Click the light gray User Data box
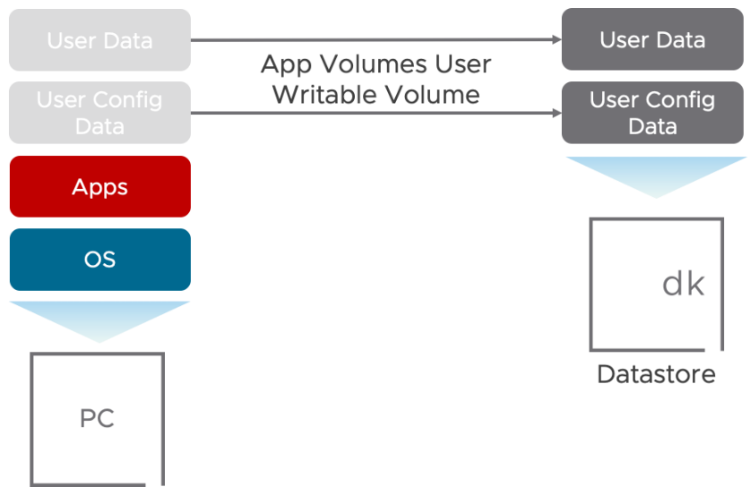point(99,40)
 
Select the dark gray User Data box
point(651,40)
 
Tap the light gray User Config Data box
point(99,113)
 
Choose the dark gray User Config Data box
point(651,113)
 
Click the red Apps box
point(99,187)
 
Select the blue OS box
point(99,260)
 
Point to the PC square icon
point(98,419)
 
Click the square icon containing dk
point(656,284)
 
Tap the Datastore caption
point(656,373)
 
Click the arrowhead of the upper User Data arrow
point(555,40)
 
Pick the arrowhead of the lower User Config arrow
point(555,113)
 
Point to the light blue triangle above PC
point(99,317)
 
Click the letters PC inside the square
point(98,419)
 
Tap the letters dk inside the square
point(683,284)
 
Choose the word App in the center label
point(284,65)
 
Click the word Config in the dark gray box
point(685,99)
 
